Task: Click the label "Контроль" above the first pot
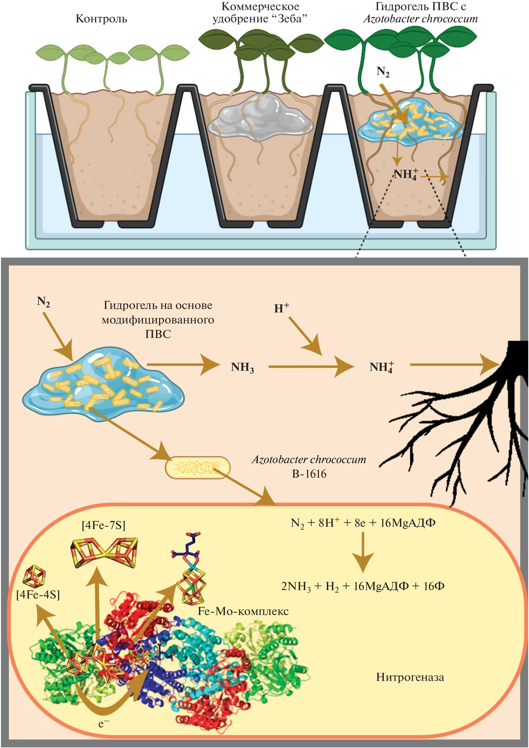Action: coord(101,19)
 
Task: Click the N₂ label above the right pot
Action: coord(383,72)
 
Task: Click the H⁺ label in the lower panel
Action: coord(281,308)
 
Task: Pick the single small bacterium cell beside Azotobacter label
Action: coord(198,468)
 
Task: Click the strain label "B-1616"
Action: coord(309,474)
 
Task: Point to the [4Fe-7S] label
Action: coord(104,525)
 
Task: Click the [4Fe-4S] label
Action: coord(38,595)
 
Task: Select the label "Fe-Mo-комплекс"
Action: coord(243,611)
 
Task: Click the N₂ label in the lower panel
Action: coord(43,302)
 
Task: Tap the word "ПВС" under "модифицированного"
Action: coord(158,334)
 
